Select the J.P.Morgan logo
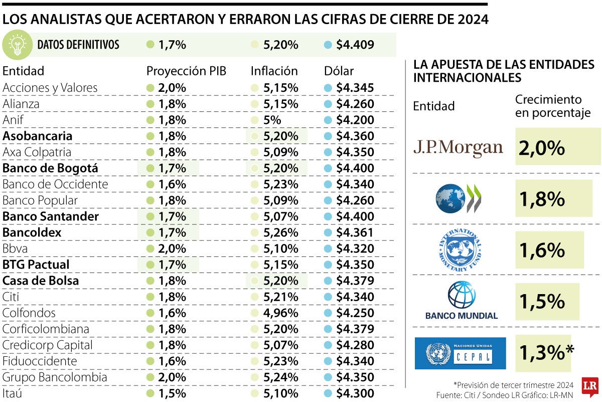coord(458,147)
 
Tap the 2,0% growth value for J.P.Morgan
coord(542,147)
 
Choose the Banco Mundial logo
coord(461,301)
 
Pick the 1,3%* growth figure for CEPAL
coord(546,353)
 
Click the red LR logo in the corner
coord(590,386)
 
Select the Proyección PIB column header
coord(186,71)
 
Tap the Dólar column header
coord(339,71)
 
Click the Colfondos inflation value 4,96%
coord(280,313)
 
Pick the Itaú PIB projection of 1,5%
coord(172,393)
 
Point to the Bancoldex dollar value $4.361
coord(355,232)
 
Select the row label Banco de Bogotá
coord(50,168)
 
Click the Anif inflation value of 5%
coord(274,120)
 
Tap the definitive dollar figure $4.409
coord(355,45)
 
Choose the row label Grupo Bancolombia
coord(55,377)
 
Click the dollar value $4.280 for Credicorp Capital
coord(355,345)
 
